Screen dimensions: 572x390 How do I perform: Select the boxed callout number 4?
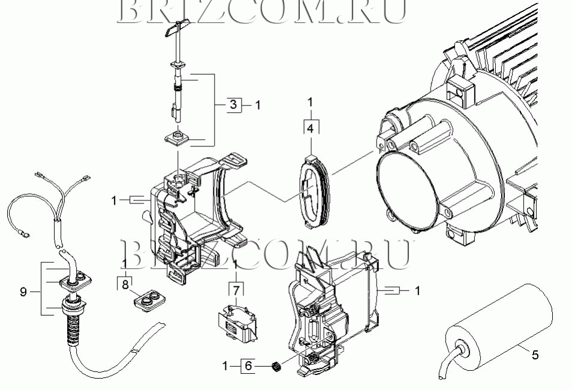coord(310,127)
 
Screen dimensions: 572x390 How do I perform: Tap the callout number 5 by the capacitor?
coord(535,355)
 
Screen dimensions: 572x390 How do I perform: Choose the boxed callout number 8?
coord(125,284)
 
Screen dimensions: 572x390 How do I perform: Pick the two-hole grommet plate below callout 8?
coord(146,299)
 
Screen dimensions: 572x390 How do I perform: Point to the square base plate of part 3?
coord(178,140)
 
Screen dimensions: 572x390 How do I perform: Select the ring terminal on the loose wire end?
coord(25,229)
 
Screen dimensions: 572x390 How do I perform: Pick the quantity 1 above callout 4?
coord(310,103)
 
